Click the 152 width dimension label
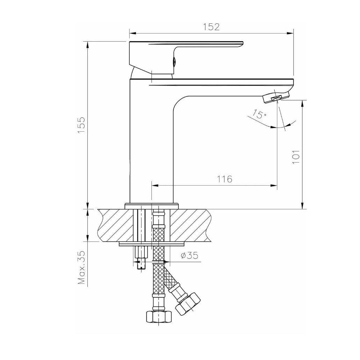pyautogui.click(x=212, y=27)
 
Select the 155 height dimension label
pyautogui.click(x=81, y=125)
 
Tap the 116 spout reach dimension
pyautogui.click(x=224, y=179)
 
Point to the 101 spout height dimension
pyautogui.click(x=296, y=157)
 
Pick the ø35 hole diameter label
pyautogui.click(x=189, y=255)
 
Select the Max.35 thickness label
pyautogui.click(x=81, y=267)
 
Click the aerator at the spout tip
pyautogui.click(x=273, y=98)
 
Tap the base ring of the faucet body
pyautogui.click(x=152, y=206)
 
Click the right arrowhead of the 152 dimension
pyautogui.click(x=290, y=34)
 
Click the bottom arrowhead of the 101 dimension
pyautogui.click(x=302, y=206)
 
